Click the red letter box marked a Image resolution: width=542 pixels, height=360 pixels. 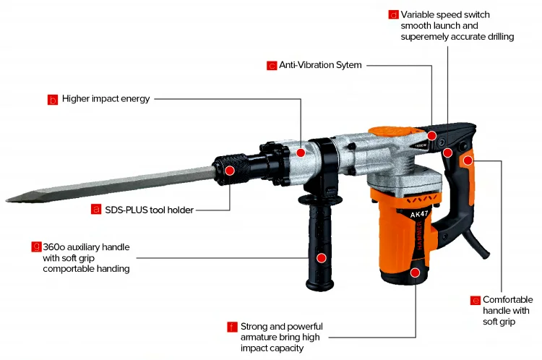(95, 210)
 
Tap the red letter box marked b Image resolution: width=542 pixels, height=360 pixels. (52, 100)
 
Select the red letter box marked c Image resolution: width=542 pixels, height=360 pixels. (272, 66)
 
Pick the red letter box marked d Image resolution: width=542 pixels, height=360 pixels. (393, 14)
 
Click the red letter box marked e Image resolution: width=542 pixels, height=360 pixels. (475, 300)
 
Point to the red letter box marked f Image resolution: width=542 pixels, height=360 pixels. (231, 327)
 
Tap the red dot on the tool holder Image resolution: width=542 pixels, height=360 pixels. (229, 171)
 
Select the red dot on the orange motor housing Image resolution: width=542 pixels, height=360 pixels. (415, 273)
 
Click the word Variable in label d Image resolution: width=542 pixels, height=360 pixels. (417, 14)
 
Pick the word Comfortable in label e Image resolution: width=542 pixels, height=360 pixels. (507, 299)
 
